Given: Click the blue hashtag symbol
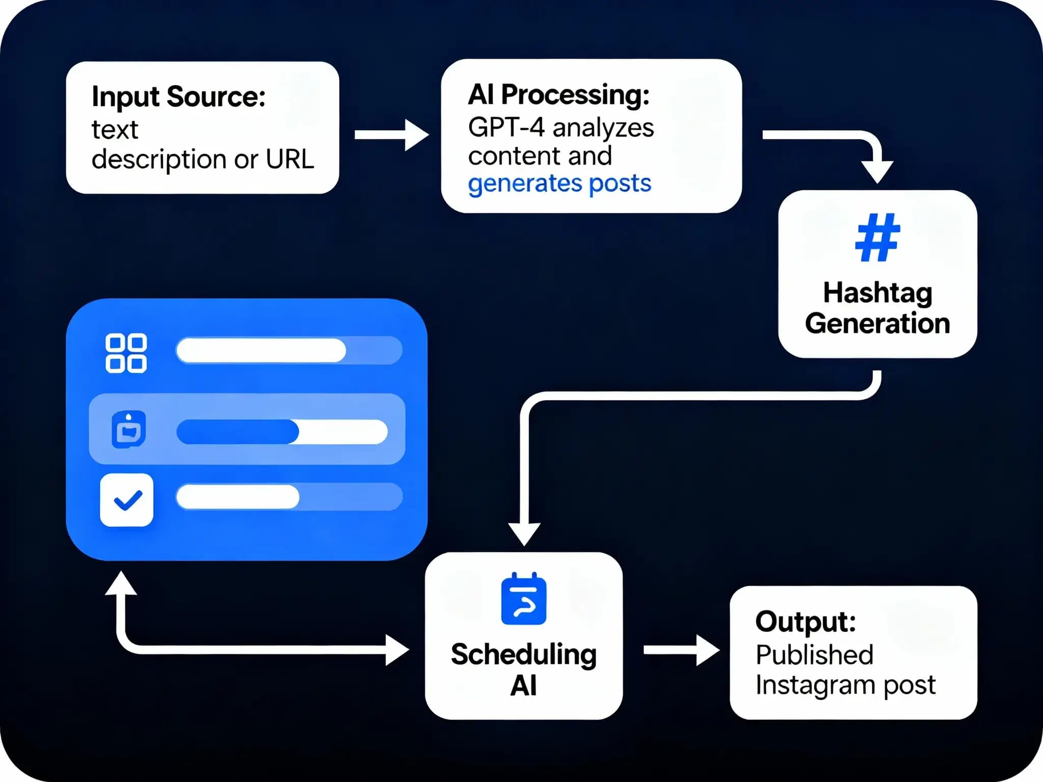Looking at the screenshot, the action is [x=877, y=237].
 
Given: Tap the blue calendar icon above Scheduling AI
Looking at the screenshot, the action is [x=524, y=599].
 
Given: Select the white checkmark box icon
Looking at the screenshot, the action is [x=127, y=500].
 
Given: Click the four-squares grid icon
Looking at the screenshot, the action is [x=126, y=353].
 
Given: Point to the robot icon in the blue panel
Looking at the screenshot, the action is [x=128, y=430].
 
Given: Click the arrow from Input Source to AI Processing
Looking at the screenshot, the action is [x=392, y=135].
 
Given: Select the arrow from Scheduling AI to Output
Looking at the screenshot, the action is [x=682, y=650].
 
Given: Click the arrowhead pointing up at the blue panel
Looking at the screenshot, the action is [x=121, y=582].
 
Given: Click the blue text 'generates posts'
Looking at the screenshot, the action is [x=560, y=183].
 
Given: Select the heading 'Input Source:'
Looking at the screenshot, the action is [x=179, y=97].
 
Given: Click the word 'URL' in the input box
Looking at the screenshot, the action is [x=290, y=159].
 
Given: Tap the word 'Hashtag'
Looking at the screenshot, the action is [x=877, y=294].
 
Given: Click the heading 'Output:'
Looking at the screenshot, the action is [x=806, y=622].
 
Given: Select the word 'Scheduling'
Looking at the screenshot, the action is [x=524, y=655].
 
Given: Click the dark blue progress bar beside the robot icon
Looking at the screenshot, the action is [x=237, y=432].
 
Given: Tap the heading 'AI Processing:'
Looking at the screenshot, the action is [x=559, y=95].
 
